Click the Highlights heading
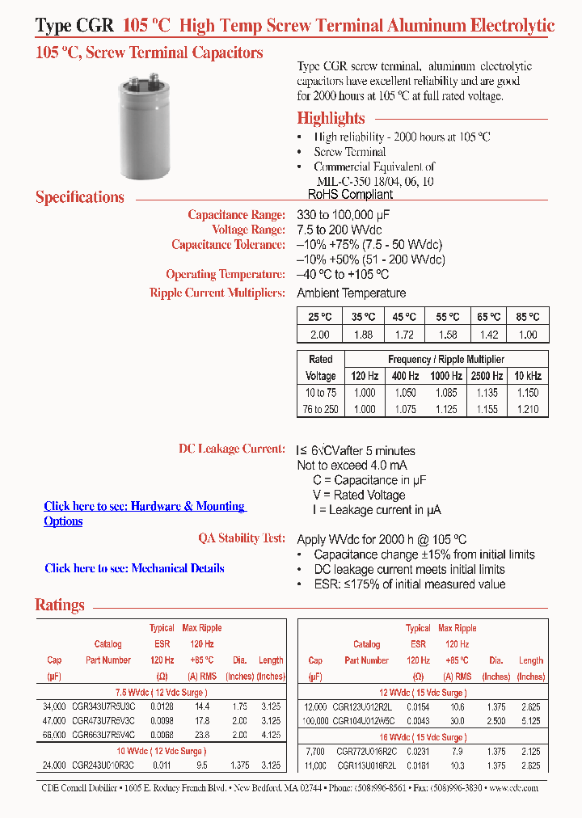(x=331, y=118)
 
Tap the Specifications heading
(x=80, y=197)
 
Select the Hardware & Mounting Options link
(x=144, y=507)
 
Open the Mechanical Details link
(x=134, y=568)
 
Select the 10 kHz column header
(x=528, y=376)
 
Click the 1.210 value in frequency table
(x=528, y=409)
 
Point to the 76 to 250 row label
(x=321, y=409)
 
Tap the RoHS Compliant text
(x=350, y=194)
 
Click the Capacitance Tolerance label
(x=228, y=245)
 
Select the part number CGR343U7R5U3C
(x=103, y=706)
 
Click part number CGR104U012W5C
(x=367, y=720)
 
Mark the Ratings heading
(x=60, y=605)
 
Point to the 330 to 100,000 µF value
(x=344, y=215)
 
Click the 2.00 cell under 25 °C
(x=320, y=335)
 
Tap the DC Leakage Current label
(x=231, y=449)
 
